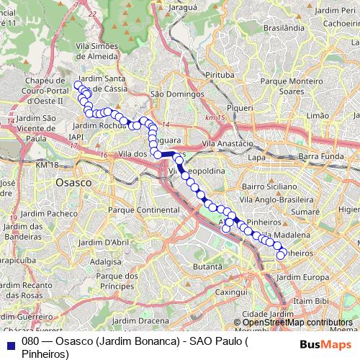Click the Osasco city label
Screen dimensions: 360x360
[x=73, y=183]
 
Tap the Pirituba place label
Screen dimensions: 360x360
[x=220, y=74]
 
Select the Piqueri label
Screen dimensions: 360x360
[x=241, y=107]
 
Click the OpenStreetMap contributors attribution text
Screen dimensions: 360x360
[x=298, y=323]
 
